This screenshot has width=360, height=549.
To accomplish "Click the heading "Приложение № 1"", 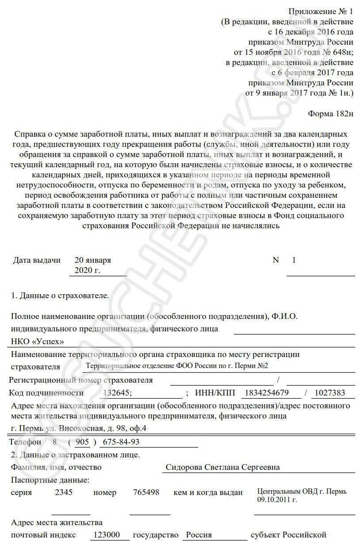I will coord(321,11).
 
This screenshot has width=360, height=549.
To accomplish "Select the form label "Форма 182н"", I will coord(331,114).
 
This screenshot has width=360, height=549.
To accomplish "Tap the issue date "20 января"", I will coord(93,260).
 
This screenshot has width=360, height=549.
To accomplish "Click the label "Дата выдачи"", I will coord(37,260).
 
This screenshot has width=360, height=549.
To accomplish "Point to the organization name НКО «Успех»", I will coord(37,342).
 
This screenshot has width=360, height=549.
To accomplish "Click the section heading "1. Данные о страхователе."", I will coord(60,296).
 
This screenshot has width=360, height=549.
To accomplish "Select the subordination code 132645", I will coord(117,393).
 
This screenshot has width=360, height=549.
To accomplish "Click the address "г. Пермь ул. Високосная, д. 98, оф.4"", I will coord(78,428).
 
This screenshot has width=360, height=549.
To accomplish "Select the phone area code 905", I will coord(82,442).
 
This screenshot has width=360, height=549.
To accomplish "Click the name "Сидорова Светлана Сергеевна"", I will coord(222,467).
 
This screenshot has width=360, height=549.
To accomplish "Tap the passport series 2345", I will coord(64,492).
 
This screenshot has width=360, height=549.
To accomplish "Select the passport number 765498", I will coord(146,492).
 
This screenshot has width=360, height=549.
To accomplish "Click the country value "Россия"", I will coord(199,535).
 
